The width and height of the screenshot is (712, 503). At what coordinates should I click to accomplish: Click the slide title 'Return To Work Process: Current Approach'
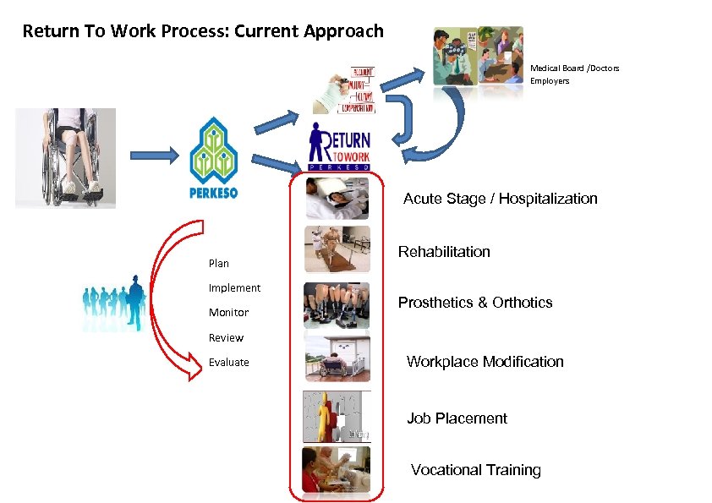[203, 32]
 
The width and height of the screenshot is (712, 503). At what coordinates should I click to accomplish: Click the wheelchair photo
[66, 157]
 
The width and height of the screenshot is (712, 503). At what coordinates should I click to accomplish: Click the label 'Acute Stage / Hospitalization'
[500, 199]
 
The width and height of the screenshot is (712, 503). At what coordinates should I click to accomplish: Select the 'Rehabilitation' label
[444, 252]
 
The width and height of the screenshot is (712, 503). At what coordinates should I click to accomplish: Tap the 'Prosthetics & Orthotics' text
[475, 303]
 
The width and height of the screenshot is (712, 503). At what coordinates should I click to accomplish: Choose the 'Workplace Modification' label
[485, 362]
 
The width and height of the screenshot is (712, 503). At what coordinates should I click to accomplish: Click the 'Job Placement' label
[457, 418]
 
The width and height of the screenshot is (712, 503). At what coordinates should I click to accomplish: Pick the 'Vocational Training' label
[475, 470]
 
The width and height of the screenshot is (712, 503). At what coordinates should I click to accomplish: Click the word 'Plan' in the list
[219, 263]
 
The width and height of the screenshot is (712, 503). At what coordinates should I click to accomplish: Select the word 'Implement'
[234, 288]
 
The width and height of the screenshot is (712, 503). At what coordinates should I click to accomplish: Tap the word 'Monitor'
[228, 313]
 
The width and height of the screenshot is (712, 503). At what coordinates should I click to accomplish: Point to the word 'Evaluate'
[229, 363]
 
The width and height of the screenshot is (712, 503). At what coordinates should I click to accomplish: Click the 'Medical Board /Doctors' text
[574, 68]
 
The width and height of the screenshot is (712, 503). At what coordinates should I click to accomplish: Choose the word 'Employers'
[550, 81]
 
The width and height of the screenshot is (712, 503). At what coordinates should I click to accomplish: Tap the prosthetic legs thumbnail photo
[337, 305]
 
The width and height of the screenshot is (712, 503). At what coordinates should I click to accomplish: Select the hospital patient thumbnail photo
[337, 200]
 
